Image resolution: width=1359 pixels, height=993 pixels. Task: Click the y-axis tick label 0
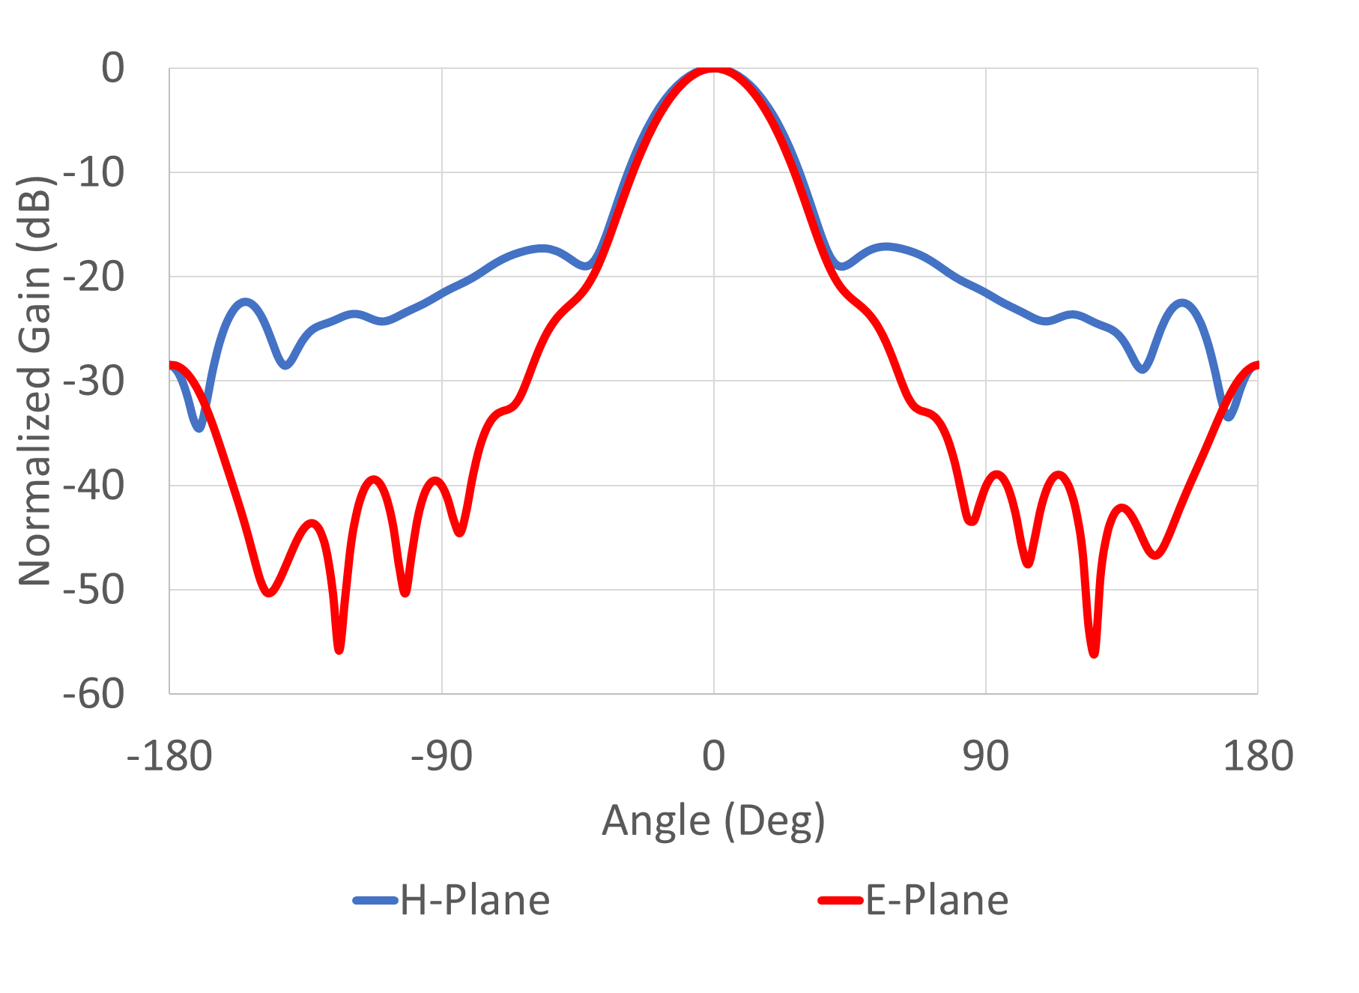pos(112,69)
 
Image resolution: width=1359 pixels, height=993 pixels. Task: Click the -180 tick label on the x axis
pos(169,755)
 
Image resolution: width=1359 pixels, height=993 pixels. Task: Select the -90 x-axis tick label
pos(441,755)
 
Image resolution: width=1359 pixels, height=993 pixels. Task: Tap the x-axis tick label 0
pos(713,755)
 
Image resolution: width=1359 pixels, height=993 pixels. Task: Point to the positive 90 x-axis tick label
pos(985,755)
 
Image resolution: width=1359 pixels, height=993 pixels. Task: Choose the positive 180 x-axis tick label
pos(1257,755)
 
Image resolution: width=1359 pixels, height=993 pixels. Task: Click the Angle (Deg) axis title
pos(713,821)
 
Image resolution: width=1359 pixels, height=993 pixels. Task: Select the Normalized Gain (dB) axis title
pos(35,381)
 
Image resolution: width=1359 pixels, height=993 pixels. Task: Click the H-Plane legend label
pos(475,900)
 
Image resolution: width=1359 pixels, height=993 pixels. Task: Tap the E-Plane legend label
pos(936,900)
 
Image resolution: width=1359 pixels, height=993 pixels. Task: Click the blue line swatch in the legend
pos(375,900)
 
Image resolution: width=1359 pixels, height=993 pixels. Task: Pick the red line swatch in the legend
pos(841,900)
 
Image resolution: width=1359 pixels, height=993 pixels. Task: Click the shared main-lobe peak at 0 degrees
pos(713,70)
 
